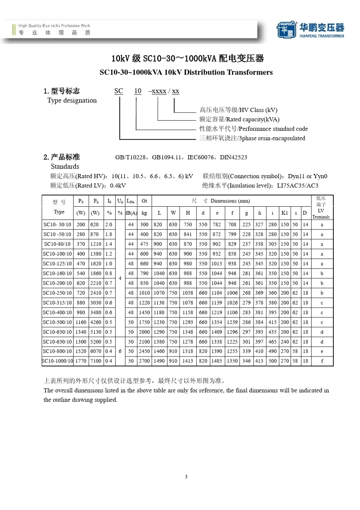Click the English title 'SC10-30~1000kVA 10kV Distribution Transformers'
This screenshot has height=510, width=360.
point(186,72)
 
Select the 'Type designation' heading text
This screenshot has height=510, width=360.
point(72,100)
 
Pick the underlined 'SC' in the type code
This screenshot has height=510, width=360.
point(119,91)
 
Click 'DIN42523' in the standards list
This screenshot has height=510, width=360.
point(233,157)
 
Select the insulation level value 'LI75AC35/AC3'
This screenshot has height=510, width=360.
point(297,186)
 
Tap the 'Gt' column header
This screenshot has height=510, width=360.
point(144,201)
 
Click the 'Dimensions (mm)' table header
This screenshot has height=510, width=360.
point(230,201)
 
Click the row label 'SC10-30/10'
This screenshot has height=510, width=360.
point(57,224)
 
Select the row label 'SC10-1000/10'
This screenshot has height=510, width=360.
point(57,361)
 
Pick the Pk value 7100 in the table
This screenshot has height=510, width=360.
point(95,361)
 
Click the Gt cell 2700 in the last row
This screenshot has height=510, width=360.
point(144,361)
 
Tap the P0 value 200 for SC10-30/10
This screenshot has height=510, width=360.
point(81,224)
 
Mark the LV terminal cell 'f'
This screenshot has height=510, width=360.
point(322,361)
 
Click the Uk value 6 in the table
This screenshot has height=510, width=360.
point(120,351)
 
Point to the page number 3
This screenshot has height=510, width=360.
point(186,477)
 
